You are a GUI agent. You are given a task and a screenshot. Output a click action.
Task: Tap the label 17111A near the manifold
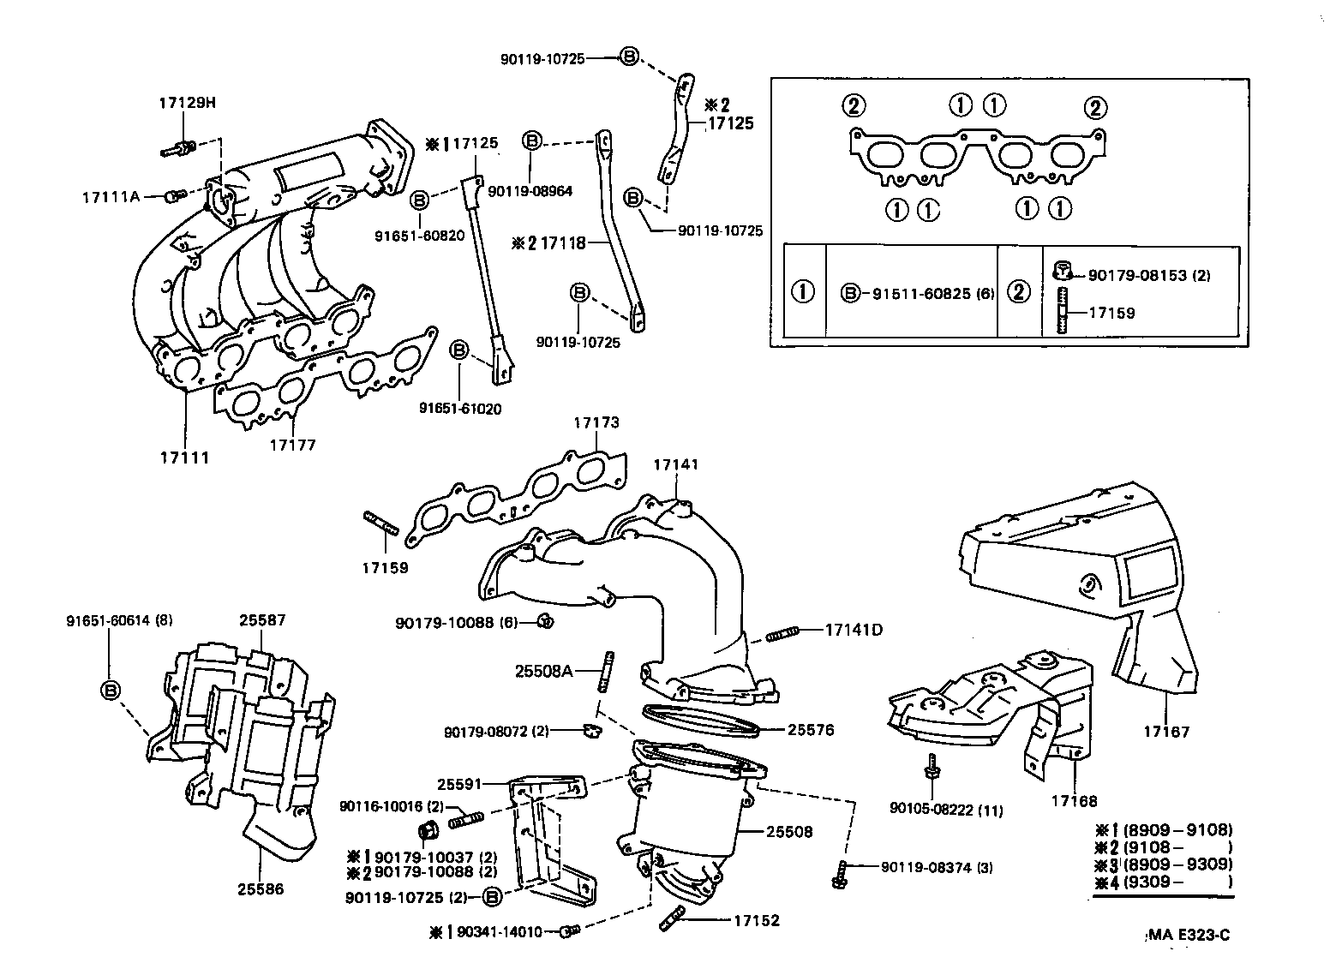click(x=111, y=196)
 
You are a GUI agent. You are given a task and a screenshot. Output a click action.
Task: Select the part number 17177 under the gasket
click(x=293, y=445)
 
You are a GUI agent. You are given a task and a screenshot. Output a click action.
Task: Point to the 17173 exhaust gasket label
click(x=596, y=422)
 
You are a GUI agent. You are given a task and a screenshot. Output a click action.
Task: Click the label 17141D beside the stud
click(x=854, y=630)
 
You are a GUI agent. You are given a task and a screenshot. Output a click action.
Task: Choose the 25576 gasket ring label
click(x=810, y=730)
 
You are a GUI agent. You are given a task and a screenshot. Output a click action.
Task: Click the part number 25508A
click(x=543, y=670)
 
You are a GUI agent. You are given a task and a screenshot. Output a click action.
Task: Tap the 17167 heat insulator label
click(x=1166, y=732)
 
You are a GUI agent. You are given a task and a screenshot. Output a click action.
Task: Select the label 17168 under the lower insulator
click(x=1074, y=801)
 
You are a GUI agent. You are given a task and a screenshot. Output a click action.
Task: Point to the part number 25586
click(x=261, y=888)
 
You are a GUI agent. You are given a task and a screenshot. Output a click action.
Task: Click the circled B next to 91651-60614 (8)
click(x=111, y=690)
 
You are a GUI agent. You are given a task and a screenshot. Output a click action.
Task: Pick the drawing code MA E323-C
click(x=1188, y=935)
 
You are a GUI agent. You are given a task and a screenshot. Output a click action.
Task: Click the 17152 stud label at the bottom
click(x=757, y=921)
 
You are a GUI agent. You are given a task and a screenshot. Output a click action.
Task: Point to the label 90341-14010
click(x=499, y=931)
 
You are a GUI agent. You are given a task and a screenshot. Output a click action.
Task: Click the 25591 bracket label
click(x=460, y=784)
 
